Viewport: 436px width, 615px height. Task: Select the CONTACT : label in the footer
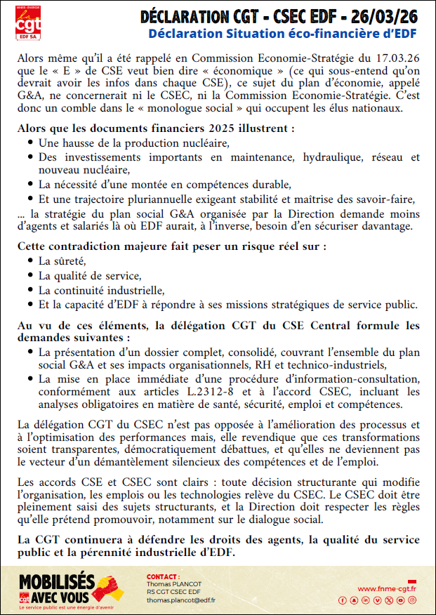click(163, 576)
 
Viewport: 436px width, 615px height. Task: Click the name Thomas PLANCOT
click(174, 583)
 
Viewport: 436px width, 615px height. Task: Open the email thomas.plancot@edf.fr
click(180, 600)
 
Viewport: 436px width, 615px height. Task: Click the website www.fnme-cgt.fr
click(387, 588)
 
